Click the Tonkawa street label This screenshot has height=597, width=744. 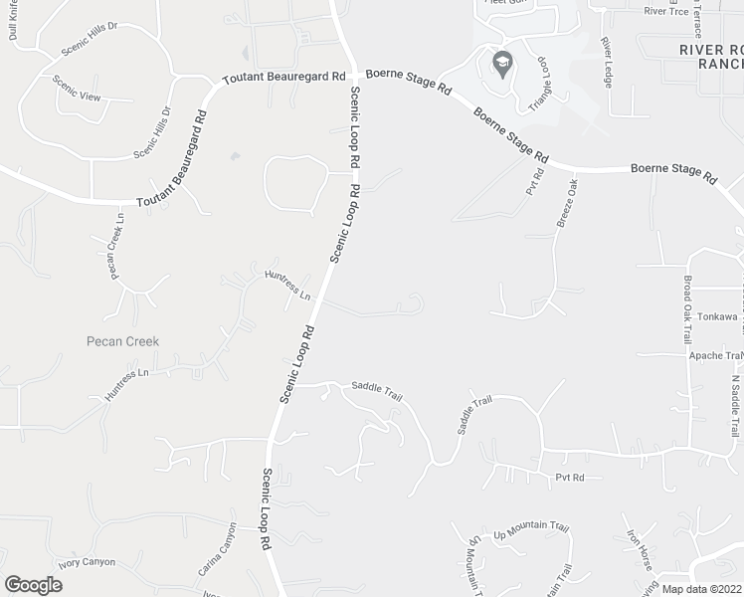(716, 316)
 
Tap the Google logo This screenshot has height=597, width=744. (33, 584)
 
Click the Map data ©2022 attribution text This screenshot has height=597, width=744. (702, 589)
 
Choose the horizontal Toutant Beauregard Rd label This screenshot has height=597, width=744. (283, 77)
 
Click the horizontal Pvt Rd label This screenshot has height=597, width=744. (570, 479)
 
